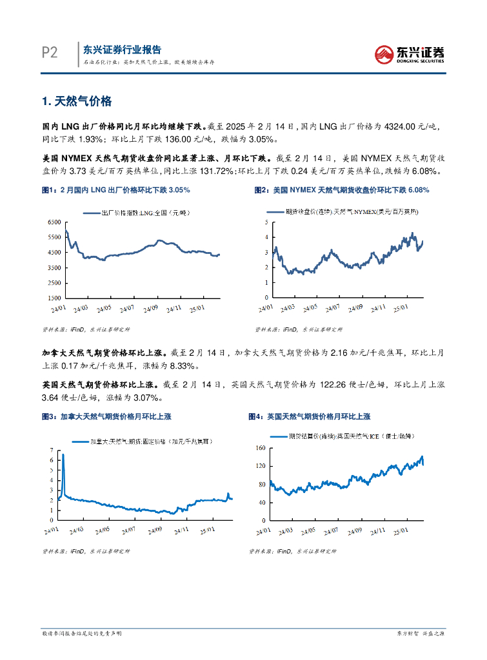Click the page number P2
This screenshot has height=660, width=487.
(50, 53)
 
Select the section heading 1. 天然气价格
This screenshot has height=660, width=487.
(77, 101)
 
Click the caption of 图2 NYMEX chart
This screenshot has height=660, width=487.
(342, 190)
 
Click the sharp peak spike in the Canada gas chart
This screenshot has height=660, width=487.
(63, 456)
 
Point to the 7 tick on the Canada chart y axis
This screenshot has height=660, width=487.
(52, 449)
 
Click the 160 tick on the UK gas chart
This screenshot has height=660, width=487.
(261, 447)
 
